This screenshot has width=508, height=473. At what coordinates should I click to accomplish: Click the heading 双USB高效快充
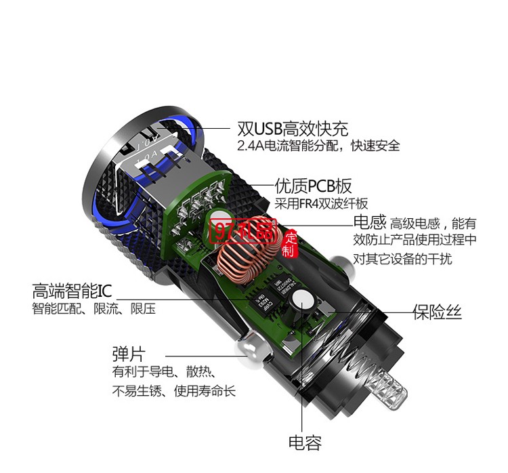293,128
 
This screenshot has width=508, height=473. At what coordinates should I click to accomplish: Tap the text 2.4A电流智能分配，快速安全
318,146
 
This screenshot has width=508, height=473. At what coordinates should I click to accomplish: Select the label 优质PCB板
313,186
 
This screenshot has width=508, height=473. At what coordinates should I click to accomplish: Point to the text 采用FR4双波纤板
321,203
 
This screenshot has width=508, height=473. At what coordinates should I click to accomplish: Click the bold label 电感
370,222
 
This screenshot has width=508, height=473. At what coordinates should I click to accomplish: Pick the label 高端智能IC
72,291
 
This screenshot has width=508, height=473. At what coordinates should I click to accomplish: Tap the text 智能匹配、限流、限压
93,309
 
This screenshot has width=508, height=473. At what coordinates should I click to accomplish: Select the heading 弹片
128,354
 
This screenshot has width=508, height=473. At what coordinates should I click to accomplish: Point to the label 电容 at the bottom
305,443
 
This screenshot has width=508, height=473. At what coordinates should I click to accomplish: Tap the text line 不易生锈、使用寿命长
174,391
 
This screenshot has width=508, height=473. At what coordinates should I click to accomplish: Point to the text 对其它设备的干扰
402,258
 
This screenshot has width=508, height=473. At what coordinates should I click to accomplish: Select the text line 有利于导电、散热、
164,372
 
